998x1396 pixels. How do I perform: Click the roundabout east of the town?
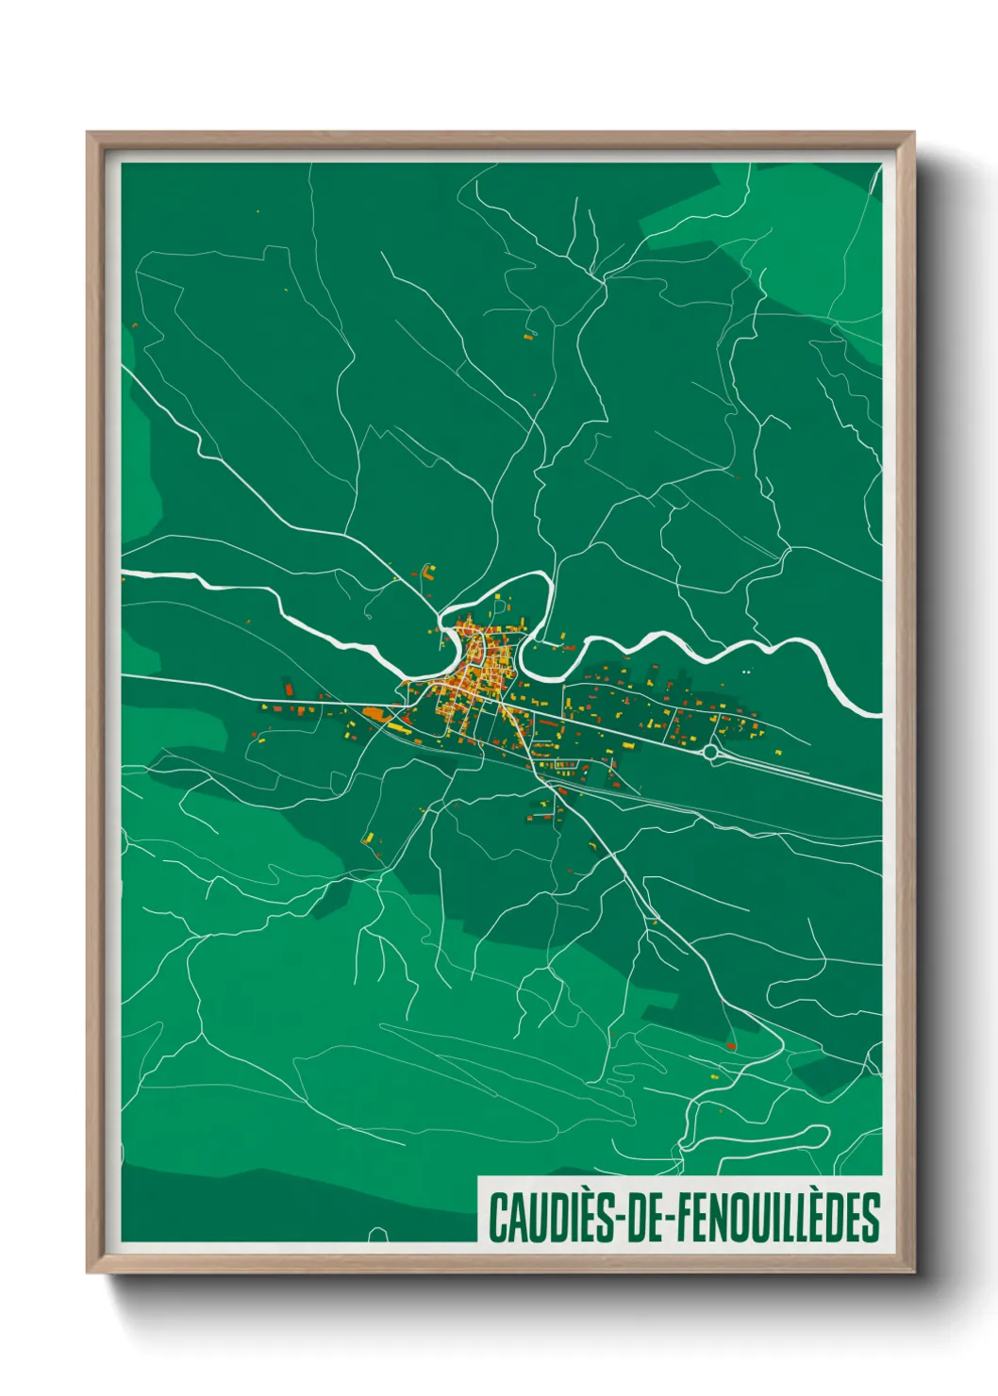(709, 752)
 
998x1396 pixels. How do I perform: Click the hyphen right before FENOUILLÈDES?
(671, 1220)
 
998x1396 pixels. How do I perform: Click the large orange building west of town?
(376, 715)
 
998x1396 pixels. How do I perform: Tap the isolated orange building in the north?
(528, 335)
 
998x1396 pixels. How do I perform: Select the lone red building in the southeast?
(731, 1045)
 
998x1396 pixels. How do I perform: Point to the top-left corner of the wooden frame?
(89, 134)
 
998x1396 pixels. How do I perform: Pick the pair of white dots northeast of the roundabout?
(747, 672)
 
